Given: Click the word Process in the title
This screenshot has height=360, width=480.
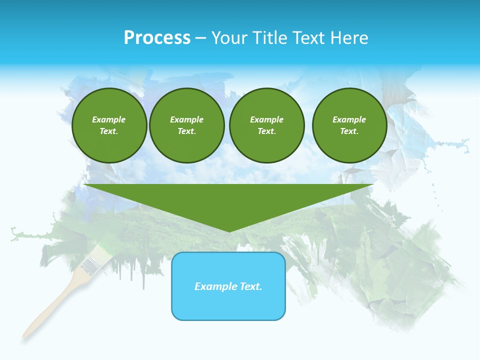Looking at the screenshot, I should click(157, 38).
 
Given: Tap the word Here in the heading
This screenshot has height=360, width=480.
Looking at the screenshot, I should click(350, 38).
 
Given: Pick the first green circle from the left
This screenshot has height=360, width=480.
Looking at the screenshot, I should click(109, 125).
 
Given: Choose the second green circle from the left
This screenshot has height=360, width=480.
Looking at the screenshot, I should click(187, 125).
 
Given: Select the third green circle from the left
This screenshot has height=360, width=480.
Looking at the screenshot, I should click(266, 125).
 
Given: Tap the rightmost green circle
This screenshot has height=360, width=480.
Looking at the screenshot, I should click(349, 125).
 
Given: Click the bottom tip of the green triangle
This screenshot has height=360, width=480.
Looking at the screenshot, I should click(229, 231).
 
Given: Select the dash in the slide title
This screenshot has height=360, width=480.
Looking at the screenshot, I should click(200, 38).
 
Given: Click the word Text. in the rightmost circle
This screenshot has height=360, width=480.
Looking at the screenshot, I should click(349, 131).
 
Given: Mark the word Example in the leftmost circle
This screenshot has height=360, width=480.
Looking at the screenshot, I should click(109, 119).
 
